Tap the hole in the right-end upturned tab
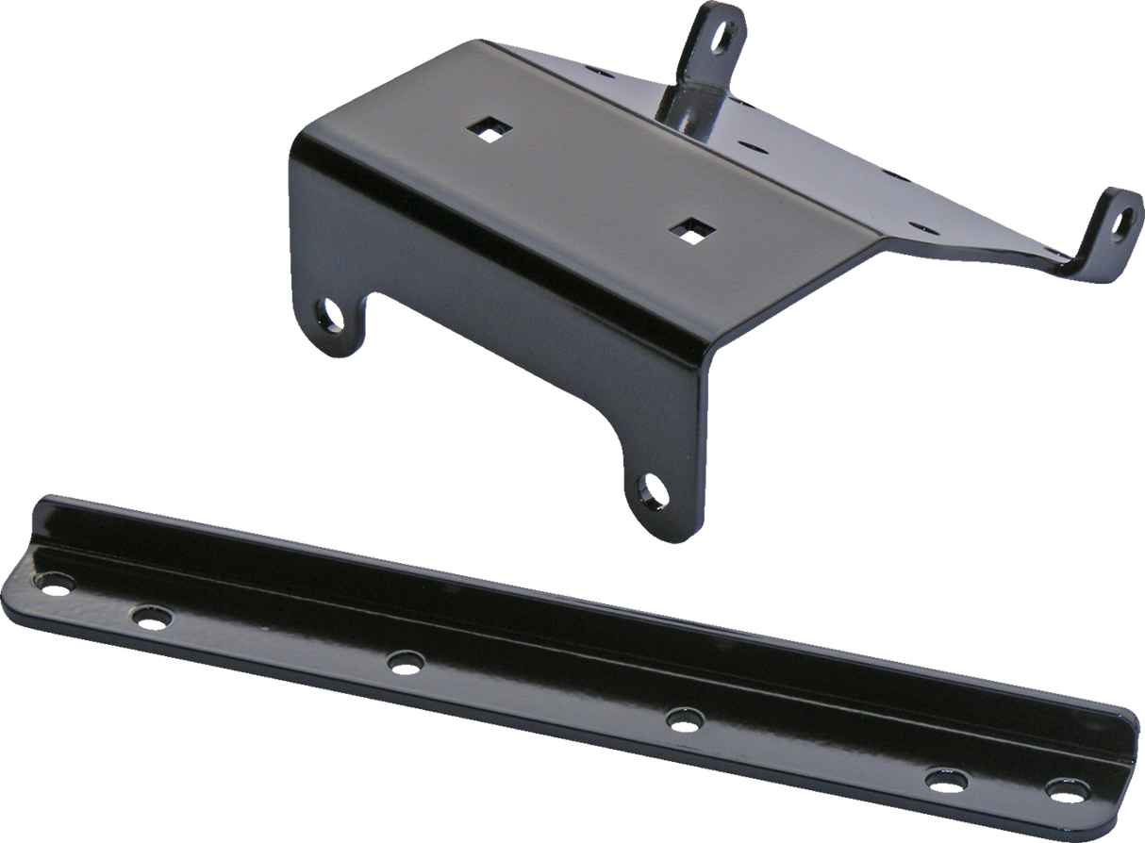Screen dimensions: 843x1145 click(x=1122, y=217)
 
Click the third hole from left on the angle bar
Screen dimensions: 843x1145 click(x=405, y=662)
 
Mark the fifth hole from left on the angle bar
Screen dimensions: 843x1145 click(x=941, y=778)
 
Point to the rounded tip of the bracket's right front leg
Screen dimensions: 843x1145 click(x=660, y=528)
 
